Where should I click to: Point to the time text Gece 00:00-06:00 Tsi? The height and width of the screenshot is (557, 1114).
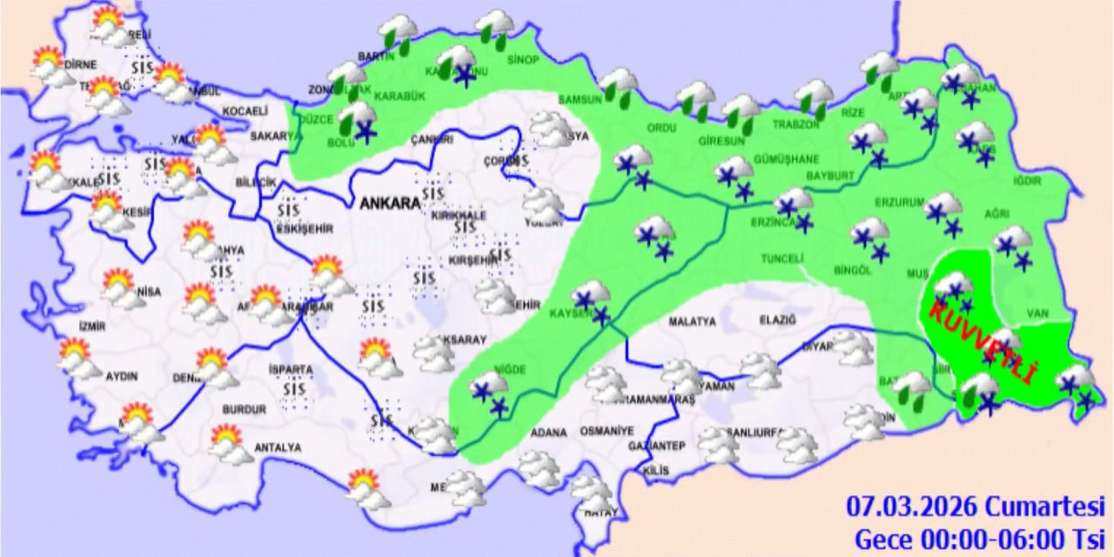pos(979,537)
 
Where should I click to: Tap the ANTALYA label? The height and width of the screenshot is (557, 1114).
pos(277,447)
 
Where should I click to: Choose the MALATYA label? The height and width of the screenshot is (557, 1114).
pos(692,322)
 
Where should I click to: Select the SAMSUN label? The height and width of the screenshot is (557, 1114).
pos(580,99)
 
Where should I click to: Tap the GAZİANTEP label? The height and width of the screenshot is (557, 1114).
pos(657,446)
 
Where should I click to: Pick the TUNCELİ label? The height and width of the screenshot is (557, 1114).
pos(781,258)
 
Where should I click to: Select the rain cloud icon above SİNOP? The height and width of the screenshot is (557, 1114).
pos(495,25)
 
